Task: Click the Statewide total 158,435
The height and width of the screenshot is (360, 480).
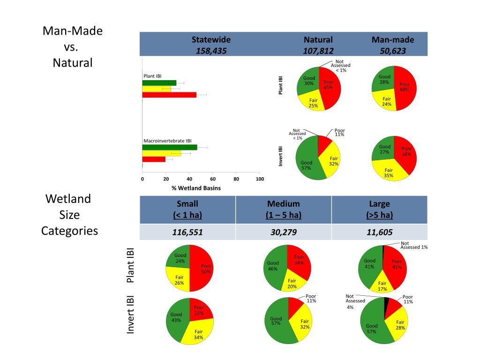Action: pos(211,51)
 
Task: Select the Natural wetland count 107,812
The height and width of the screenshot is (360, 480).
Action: pos(318,51)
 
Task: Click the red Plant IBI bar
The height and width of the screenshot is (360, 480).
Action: pos(169,95)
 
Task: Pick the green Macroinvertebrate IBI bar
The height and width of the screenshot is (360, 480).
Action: pos(170,147)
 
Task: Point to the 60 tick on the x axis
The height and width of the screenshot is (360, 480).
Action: pos(213,179)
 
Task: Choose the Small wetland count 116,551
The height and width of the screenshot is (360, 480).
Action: pos(187,232)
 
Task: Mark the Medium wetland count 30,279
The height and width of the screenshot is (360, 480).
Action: pos(283,232)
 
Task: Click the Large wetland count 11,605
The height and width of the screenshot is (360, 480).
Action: pos(379,232)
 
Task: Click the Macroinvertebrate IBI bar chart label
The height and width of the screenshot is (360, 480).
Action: pos(167,140)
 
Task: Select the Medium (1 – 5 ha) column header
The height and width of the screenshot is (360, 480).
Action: pos(283,210)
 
